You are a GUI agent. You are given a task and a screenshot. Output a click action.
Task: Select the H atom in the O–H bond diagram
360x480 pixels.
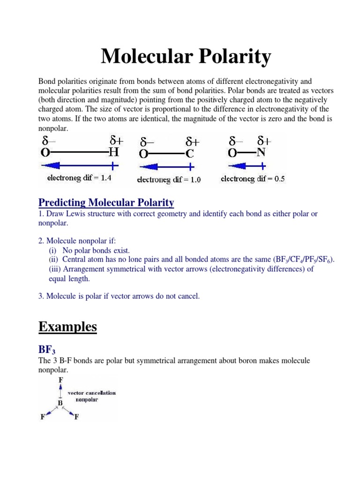tap(113, 153)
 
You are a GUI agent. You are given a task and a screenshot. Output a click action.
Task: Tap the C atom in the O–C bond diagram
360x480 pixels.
tap(190, 154)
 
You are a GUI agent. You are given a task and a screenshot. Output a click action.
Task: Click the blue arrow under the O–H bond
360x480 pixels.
tap(79, 165)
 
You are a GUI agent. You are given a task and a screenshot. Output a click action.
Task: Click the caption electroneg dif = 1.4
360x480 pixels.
tap(79, 178)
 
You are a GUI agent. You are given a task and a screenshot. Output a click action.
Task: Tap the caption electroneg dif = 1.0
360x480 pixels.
tap(169, 180)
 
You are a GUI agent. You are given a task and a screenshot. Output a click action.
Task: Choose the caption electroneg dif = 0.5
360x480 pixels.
tap(253, 179)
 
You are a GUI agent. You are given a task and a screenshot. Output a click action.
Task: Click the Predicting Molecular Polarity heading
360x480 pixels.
tap(106, 202)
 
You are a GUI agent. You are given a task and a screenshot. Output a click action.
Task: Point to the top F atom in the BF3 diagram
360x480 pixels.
tap(60, 380)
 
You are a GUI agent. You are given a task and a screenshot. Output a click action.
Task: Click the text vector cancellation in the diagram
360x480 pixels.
tap(92, 393)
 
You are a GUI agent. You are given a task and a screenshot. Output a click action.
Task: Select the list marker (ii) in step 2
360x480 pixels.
tap(54, 260)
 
